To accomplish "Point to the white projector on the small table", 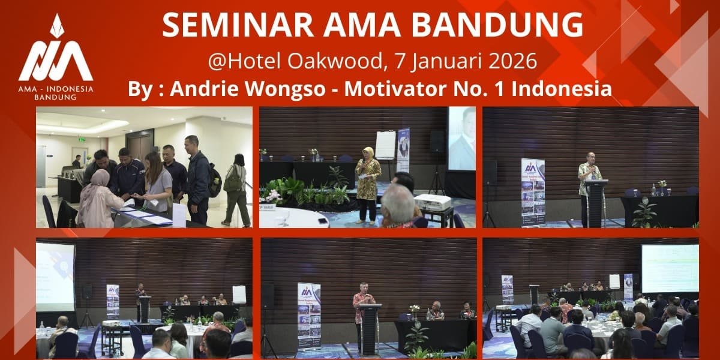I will coord(432,203).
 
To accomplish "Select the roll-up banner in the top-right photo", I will coord(532,192).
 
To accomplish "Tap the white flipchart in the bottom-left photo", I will coord(239,294).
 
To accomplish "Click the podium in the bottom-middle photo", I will coord(370,328).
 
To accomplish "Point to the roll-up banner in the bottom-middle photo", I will coord(309,315).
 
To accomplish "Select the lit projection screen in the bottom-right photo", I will coord(670,268).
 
